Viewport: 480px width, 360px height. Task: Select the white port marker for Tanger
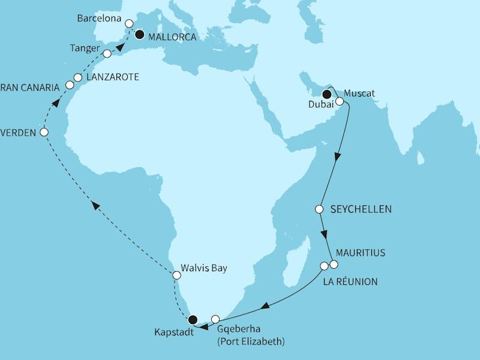tap(107, 54)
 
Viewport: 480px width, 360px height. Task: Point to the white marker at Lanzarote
tap(77, 77)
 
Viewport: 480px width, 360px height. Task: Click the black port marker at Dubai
tap(327, 94)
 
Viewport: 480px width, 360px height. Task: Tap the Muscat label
tap(361, 94)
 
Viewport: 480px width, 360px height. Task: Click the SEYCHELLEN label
tap(361, 209)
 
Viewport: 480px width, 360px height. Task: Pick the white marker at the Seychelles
tap(319, 209)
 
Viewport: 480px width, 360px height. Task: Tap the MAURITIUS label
tap(361, 253)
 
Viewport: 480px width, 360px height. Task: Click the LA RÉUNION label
tap(351, 281)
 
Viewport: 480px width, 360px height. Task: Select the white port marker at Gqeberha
tap(215, 319)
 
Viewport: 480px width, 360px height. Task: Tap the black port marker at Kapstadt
tap(193, 319)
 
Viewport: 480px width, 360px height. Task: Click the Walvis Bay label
tap(208, 268)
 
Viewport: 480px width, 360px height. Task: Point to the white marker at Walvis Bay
tap(176, 275)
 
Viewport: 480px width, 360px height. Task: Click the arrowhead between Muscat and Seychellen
tap(337, 156)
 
